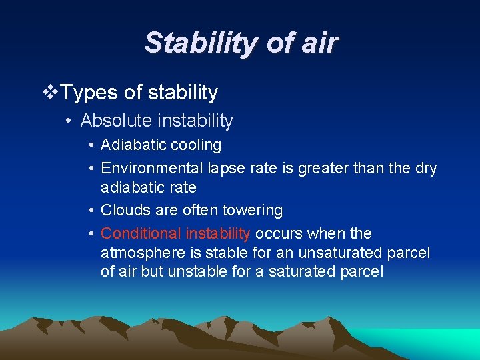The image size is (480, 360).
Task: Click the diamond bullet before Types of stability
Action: click(x=50, y=92)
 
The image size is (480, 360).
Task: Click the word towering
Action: click(x=253, y=211)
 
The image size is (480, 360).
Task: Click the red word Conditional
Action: click(x=140, y=233)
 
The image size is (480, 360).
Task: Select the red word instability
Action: click(x=218, y=233)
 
